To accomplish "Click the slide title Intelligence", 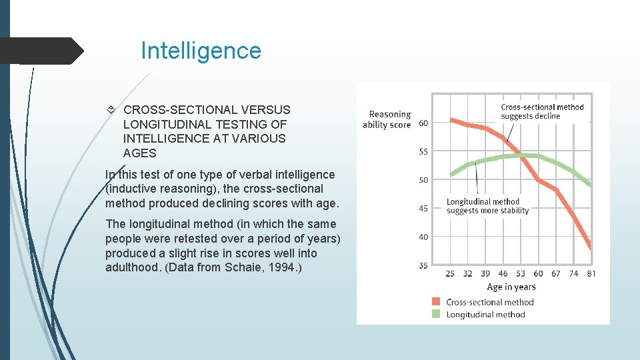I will pos(201,51).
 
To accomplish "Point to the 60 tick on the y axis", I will pos(423,123).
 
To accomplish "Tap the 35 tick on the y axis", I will pos(423,265).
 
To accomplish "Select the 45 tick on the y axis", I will pos(423,209).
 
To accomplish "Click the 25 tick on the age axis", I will pos(451,273).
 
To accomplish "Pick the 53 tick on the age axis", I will pos(520,273).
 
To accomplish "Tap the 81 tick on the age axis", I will pos(591,273).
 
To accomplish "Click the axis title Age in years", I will pos(511,287).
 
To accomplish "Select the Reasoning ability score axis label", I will pos(387,120).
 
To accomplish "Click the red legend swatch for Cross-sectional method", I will pos(436,302).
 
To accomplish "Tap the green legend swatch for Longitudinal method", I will pos(436,314).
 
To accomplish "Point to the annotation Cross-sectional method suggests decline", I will pos(542,111).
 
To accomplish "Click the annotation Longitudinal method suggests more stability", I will pos(487,206).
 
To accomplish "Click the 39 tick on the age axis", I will pos(485,273).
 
